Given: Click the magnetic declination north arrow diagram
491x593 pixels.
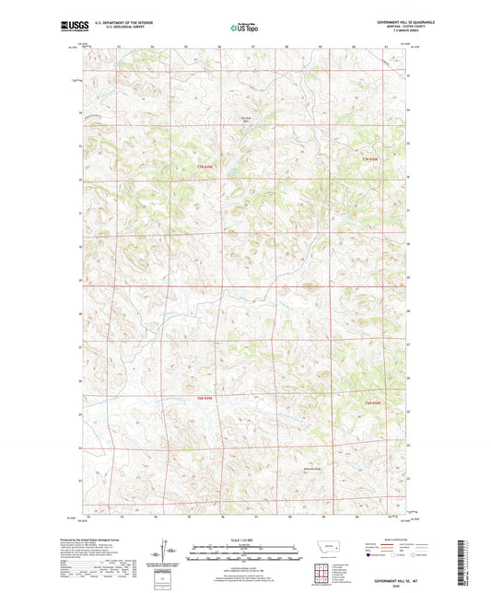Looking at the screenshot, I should click(x=169, y=552).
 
